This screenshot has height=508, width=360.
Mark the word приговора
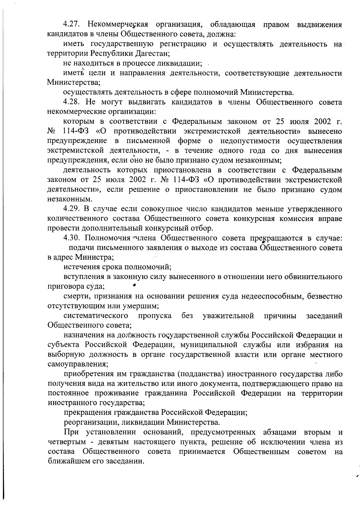click(x=62, y=286)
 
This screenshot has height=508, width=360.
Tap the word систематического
click(x=96, y=316)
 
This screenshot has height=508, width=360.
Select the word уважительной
click(x=228, y=316)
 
